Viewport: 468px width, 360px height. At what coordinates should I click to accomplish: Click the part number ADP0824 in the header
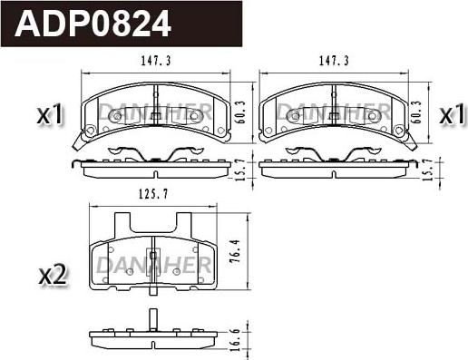tap(93, 24)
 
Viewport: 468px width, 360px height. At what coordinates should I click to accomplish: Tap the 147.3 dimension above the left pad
tap(156, 61)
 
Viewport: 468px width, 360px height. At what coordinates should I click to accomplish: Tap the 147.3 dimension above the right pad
tap(334, 61)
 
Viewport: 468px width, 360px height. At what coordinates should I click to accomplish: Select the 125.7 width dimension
tap(153, 194)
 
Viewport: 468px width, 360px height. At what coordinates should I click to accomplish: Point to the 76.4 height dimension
tap(235, 251)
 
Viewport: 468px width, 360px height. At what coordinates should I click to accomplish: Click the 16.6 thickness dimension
tap(235, 340)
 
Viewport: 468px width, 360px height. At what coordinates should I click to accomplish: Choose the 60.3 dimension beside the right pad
tap(416, 112)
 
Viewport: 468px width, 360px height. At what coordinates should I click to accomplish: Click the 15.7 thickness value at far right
tap(427, 170)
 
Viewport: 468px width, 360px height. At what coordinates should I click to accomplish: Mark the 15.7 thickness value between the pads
tap(240, 170)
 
